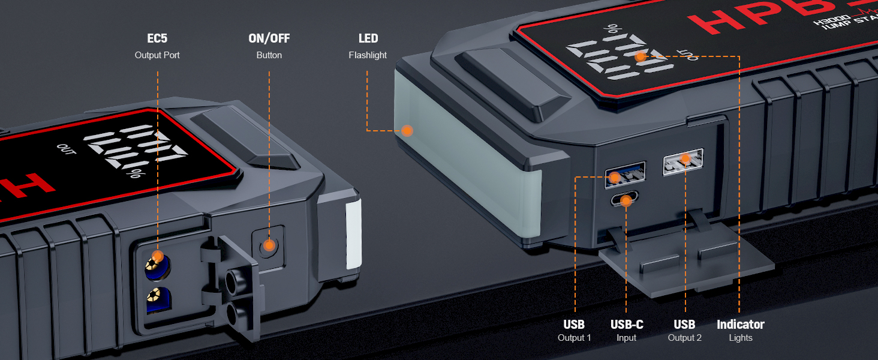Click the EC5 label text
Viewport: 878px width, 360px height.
(157, 38)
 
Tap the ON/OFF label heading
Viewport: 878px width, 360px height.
(269, 38)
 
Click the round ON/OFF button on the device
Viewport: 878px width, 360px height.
(269, 245)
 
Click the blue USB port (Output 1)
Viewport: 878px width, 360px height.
(624, 172)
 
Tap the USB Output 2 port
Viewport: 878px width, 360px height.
(684, 161)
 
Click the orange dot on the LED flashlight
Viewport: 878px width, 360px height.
(407, 130)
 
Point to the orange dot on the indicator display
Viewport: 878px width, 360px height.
(641, 56)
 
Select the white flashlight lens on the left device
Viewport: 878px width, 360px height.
(354, 234)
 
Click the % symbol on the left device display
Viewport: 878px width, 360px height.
(135, 175)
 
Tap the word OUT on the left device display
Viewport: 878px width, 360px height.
(67, 149)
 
